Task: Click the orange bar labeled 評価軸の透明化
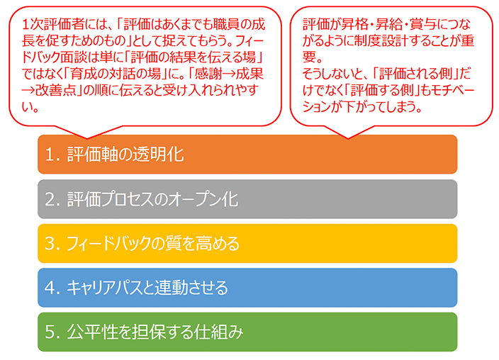click(x=247, y=154)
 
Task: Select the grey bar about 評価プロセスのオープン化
click(x=247, y=199)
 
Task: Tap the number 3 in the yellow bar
click(x=50, y=244)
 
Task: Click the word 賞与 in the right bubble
click(x=422, y=25)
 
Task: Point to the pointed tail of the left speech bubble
click(x=87, y=138)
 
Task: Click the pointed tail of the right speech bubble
click(x=348, y=138)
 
